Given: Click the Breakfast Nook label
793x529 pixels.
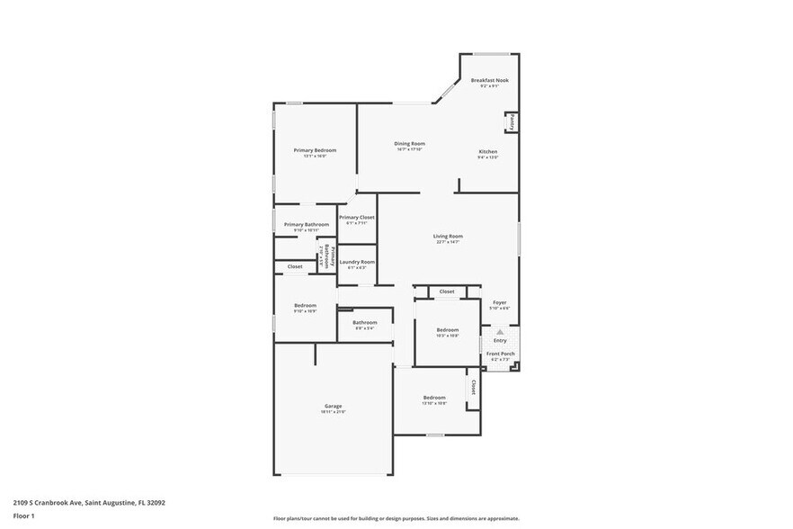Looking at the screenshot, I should coord(489,80).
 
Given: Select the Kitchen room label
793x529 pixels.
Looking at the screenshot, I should coord(487,151).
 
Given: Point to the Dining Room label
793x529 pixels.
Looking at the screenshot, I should coord(409,143).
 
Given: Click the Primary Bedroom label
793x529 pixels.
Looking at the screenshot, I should coord(315,150).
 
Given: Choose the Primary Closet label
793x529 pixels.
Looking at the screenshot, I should coord(356,217).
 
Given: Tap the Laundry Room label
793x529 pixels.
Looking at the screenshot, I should coord(356,262).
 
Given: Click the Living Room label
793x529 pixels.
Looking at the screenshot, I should coord(447,236).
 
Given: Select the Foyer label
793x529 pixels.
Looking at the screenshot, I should coord(499,302).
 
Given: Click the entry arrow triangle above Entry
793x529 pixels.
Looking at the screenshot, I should coord(500,332).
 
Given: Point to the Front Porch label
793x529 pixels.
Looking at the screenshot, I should coord(500,354).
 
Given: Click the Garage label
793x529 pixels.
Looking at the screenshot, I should coord(333,406).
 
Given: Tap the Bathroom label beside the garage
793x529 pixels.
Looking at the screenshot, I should coord(364,322).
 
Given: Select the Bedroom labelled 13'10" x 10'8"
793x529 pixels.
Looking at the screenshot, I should coord(434,397).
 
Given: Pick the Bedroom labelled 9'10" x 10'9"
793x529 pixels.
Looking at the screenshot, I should coord(305,305).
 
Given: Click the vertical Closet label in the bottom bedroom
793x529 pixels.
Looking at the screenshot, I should coord(473,387).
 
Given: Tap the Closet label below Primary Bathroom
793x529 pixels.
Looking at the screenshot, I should coord(295,266).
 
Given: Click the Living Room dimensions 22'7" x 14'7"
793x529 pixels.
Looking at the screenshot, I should coord(447,242).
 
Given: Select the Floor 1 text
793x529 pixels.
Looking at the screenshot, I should coord(23,516).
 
